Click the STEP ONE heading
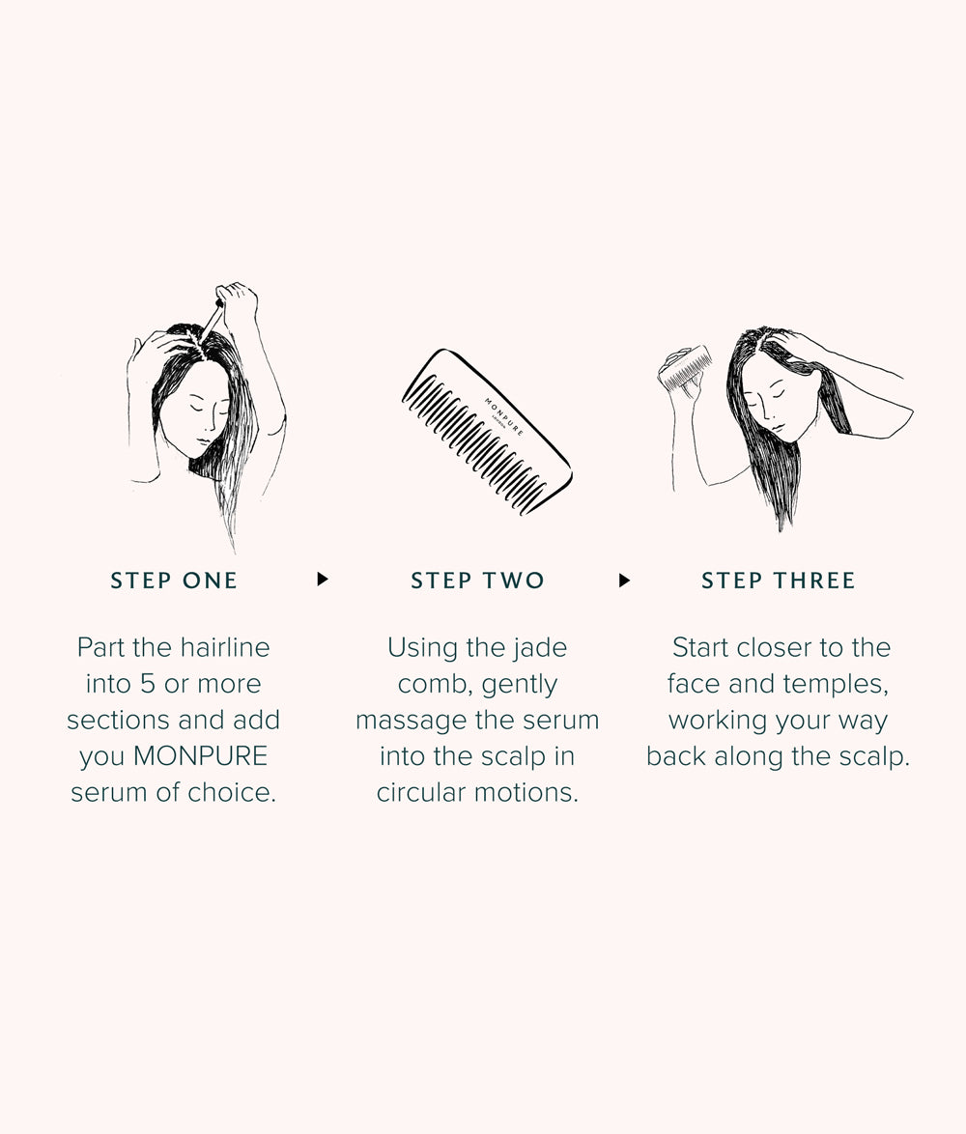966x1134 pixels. (174, 580)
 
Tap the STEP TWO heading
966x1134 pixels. (477, 580)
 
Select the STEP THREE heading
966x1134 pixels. (778, 580)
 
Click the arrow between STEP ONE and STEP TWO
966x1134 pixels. (323, 580)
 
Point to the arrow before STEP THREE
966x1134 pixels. (625, 580)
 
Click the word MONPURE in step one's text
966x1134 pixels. (200, 755)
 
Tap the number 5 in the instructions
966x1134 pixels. (148, 684)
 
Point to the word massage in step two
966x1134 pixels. (411, 721)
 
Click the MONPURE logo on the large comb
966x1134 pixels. (503, 416)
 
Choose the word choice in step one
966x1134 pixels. (232, 792)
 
